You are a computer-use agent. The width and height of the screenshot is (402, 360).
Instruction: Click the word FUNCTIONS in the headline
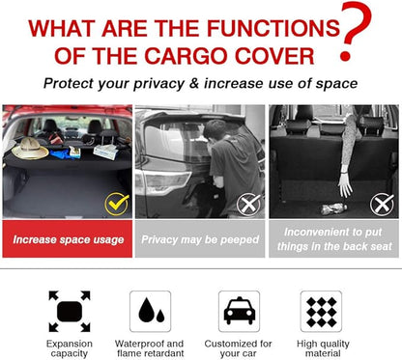coord(273,28)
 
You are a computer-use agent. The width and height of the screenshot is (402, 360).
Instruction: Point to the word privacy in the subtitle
coord(159,84)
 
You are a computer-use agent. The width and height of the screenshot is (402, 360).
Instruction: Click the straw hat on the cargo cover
coord(30,149)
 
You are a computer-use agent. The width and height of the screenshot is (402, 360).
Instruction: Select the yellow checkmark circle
coord(117,204)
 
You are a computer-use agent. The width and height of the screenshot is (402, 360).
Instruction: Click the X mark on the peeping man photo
coord(248,205)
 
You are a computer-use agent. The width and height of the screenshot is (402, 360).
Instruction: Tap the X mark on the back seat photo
coord(382,205)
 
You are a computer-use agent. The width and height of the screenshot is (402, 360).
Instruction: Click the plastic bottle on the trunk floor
coord(333,209)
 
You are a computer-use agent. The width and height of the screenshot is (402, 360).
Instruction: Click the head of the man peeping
coord(215,131)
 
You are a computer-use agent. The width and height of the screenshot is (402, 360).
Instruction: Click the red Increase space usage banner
coord(68,239)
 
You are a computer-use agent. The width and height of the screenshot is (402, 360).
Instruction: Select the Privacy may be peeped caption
coord(200,239)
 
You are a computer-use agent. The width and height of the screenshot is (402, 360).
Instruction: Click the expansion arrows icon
coord(70,312)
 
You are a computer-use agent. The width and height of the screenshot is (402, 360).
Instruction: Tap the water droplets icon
coord(151,311)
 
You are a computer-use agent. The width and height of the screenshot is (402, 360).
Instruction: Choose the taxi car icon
coord(239,311)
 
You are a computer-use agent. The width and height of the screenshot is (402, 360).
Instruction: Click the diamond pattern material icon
coord(321,311)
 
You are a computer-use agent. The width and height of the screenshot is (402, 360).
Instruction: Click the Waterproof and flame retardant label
coord(150,348)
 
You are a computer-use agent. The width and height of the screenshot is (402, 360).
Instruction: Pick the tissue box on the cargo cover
coord(105,152)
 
